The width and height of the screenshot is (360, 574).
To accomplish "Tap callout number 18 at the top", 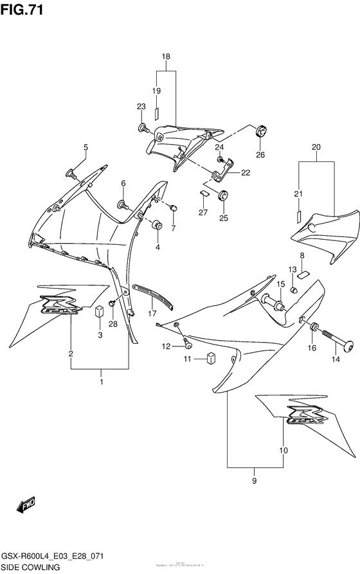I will click(x=166, y=57).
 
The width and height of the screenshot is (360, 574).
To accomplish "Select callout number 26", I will click(x=260, y=154).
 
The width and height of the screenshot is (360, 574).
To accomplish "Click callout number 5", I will click(x=85, y=148).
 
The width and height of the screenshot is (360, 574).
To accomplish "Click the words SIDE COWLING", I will click(x=30, y=568).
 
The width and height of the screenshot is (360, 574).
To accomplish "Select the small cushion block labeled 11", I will click(x=210, y=359).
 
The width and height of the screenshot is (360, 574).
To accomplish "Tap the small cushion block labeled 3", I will click(x=100, y=312).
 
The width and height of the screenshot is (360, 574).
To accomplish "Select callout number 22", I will click(x=246, y=172).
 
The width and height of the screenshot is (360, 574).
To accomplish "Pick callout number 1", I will click(x=101, y=382).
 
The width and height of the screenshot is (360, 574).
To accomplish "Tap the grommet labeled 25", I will click(x=223, y=196).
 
